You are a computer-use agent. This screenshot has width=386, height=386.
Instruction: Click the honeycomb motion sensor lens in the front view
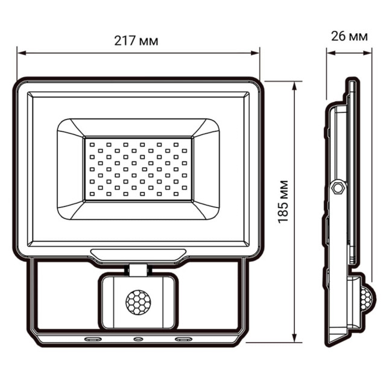pyautogui.click(x=138, y=301)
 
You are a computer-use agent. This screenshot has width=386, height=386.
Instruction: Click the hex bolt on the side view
pyautogui.click(x=338, y=188)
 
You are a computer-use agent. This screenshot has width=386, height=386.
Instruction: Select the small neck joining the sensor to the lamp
pyautogui.click(x=138, y=269)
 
